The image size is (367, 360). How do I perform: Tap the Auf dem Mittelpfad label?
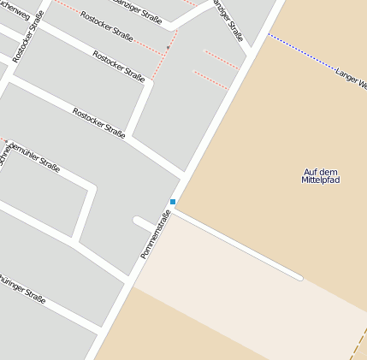[321, 176]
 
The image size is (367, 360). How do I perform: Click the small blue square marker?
[173, 202]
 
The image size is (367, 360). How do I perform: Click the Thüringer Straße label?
[21, 286]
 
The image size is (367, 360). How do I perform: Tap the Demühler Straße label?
[34, 156]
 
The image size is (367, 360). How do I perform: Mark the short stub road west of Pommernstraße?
[144, 223]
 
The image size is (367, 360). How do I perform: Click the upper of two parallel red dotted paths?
[222, 59]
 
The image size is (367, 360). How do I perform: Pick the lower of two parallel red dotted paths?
[210, 80]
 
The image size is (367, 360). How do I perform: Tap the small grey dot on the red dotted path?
[168, 47]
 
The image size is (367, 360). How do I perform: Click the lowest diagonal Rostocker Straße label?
[99, 122]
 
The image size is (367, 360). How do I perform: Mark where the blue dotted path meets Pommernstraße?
[268, 34]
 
